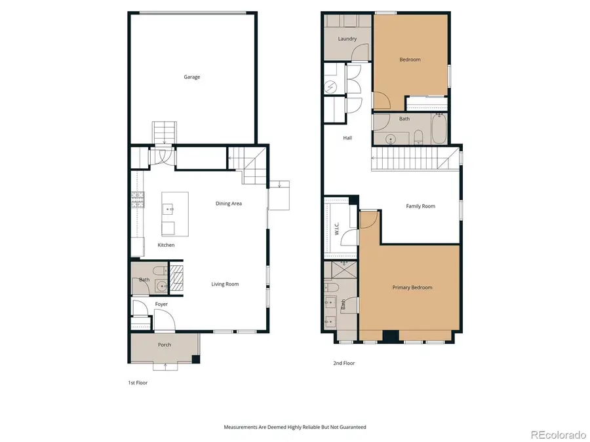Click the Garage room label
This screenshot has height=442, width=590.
tap(191, 77)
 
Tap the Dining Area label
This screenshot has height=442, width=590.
tap(229, 204)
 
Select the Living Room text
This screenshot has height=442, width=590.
tap(225, 284)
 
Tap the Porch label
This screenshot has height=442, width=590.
tap(164, 345)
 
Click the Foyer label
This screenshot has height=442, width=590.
tap(161, 304)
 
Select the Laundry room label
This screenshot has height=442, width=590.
tap(347, 39)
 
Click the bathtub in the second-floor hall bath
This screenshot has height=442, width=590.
tap(439, 129)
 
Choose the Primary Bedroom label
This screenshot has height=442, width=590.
tap(412, 287)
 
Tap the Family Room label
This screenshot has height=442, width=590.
tap(420, 206)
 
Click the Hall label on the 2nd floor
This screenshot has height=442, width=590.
tap(347, 138)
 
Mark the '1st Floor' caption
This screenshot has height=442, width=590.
tap(138, 382)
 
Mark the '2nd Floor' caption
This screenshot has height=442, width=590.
tap(345, 363)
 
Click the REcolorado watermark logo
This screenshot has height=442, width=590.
tap(558, 433)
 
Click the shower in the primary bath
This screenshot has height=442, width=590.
tap(340, 269)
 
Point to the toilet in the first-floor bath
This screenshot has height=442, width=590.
tap(157, 270)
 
